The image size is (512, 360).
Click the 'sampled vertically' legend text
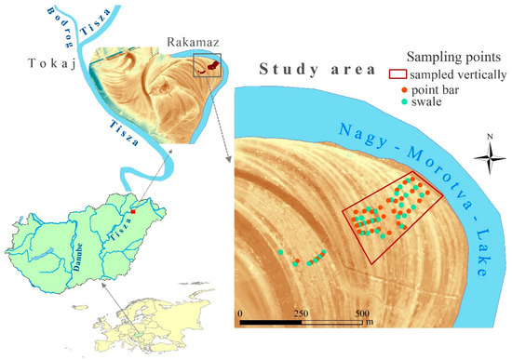tap(453, 72)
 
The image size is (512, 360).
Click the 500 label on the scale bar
tap(361, 313)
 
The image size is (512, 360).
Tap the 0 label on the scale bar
tap(240, 313)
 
